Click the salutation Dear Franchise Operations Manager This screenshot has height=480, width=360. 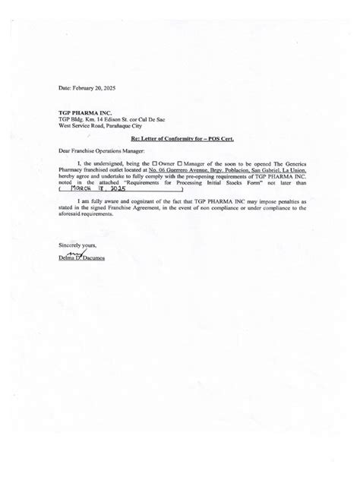pyautogui.click(x=100, y=150)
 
